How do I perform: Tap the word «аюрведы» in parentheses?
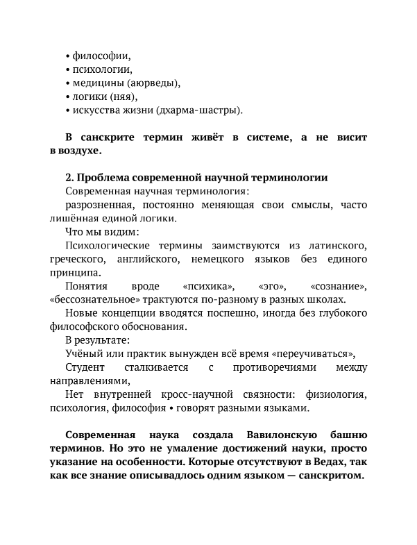(x=153, y=83)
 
